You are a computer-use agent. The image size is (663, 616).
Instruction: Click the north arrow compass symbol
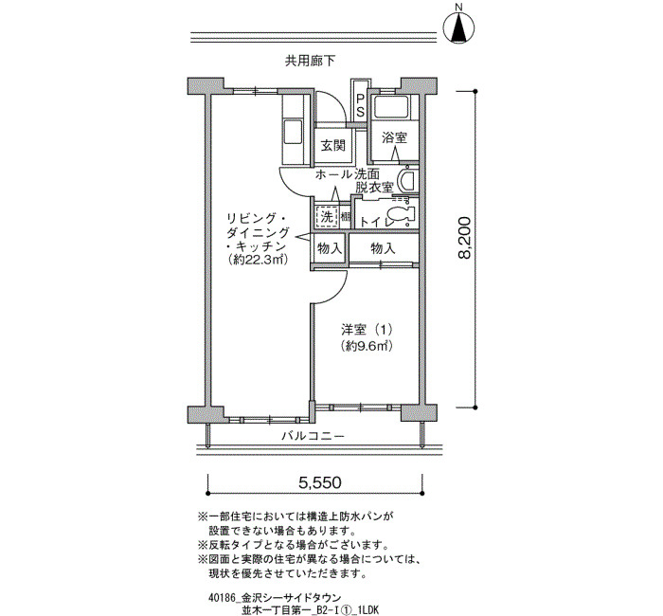tap(458, 27)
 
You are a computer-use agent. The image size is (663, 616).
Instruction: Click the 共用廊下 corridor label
tap(310, 62)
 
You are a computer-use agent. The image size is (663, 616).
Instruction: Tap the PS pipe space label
tap(360, 106)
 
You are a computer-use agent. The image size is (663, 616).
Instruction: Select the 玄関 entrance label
tap(333, 146)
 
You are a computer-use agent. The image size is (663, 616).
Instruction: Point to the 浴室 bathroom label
tap(394, 137)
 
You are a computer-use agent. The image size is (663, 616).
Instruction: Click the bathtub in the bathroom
tap(392, 106)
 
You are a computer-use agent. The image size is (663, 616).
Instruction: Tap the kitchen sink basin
tap(292, 132)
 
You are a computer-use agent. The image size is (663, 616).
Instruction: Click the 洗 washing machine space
tap(327, 217)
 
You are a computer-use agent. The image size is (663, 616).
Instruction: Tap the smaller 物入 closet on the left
tap(330, 248)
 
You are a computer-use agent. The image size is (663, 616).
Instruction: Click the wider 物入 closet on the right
tap(383, 248)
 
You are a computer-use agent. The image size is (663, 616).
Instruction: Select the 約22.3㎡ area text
tap(257, 260)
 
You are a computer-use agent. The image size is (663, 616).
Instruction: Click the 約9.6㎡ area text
tap(367, 346)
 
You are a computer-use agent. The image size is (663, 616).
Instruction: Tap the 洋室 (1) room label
tap(367, 329)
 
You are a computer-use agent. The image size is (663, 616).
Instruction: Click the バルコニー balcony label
tap(314, 435)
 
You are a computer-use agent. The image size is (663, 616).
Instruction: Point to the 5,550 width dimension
tap(319, 481)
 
